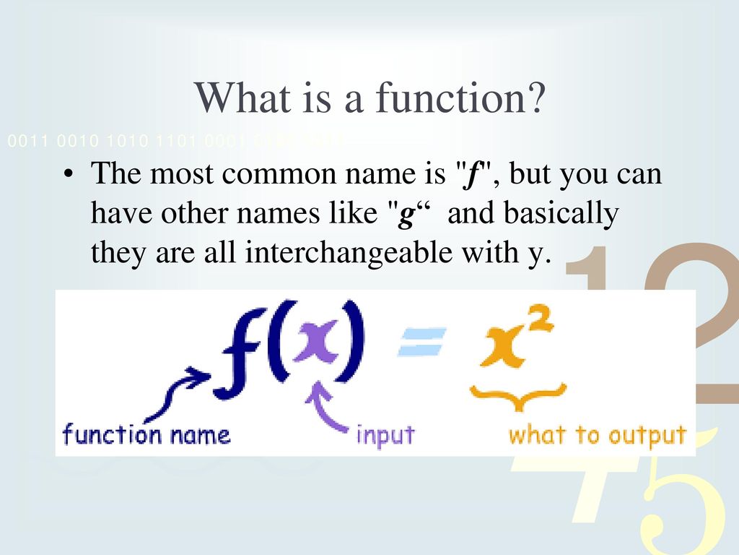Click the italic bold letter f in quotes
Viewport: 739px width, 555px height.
point(473,176)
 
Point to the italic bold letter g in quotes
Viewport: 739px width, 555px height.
point(405,215)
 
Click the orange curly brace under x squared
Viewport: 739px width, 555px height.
point(517,394)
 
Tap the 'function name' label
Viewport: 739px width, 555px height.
point(147,435)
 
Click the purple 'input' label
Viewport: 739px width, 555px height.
point(386,436)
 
